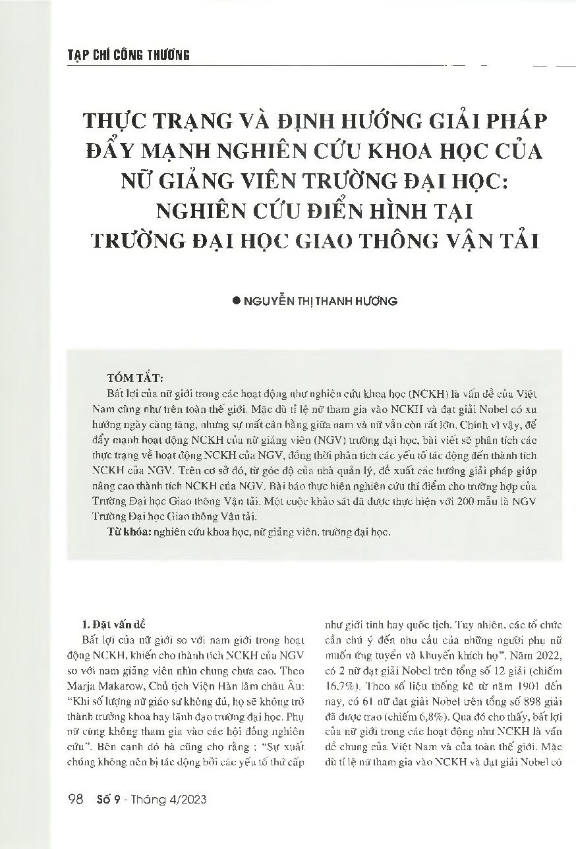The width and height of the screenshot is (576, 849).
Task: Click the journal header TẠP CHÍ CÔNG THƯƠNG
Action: (129, 55)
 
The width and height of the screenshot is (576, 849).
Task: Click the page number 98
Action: (75, 800)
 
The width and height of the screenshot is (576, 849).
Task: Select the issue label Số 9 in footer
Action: (107, 800)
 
